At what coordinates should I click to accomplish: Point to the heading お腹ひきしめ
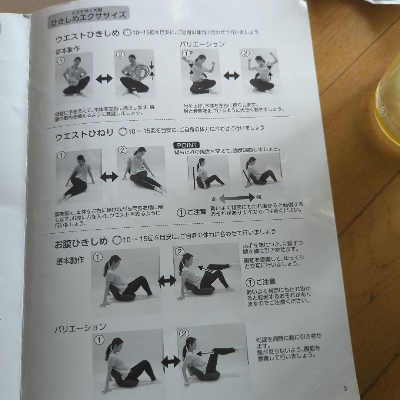click(x=81, y=243)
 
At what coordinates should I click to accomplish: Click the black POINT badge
click(x=186, y=145)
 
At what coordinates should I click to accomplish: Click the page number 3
click(x=345, y=388)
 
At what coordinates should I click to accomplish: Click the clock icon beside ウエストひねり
click(x=123, y=131)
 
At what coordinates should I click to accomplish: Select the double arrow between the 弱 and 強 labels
click(x=237, y=198)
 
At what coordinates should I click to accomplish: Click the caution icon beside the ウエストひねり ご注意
click(x=181, y=213)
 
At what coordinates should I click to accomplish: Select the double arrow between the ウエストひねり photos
click(x=109, y=176)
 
